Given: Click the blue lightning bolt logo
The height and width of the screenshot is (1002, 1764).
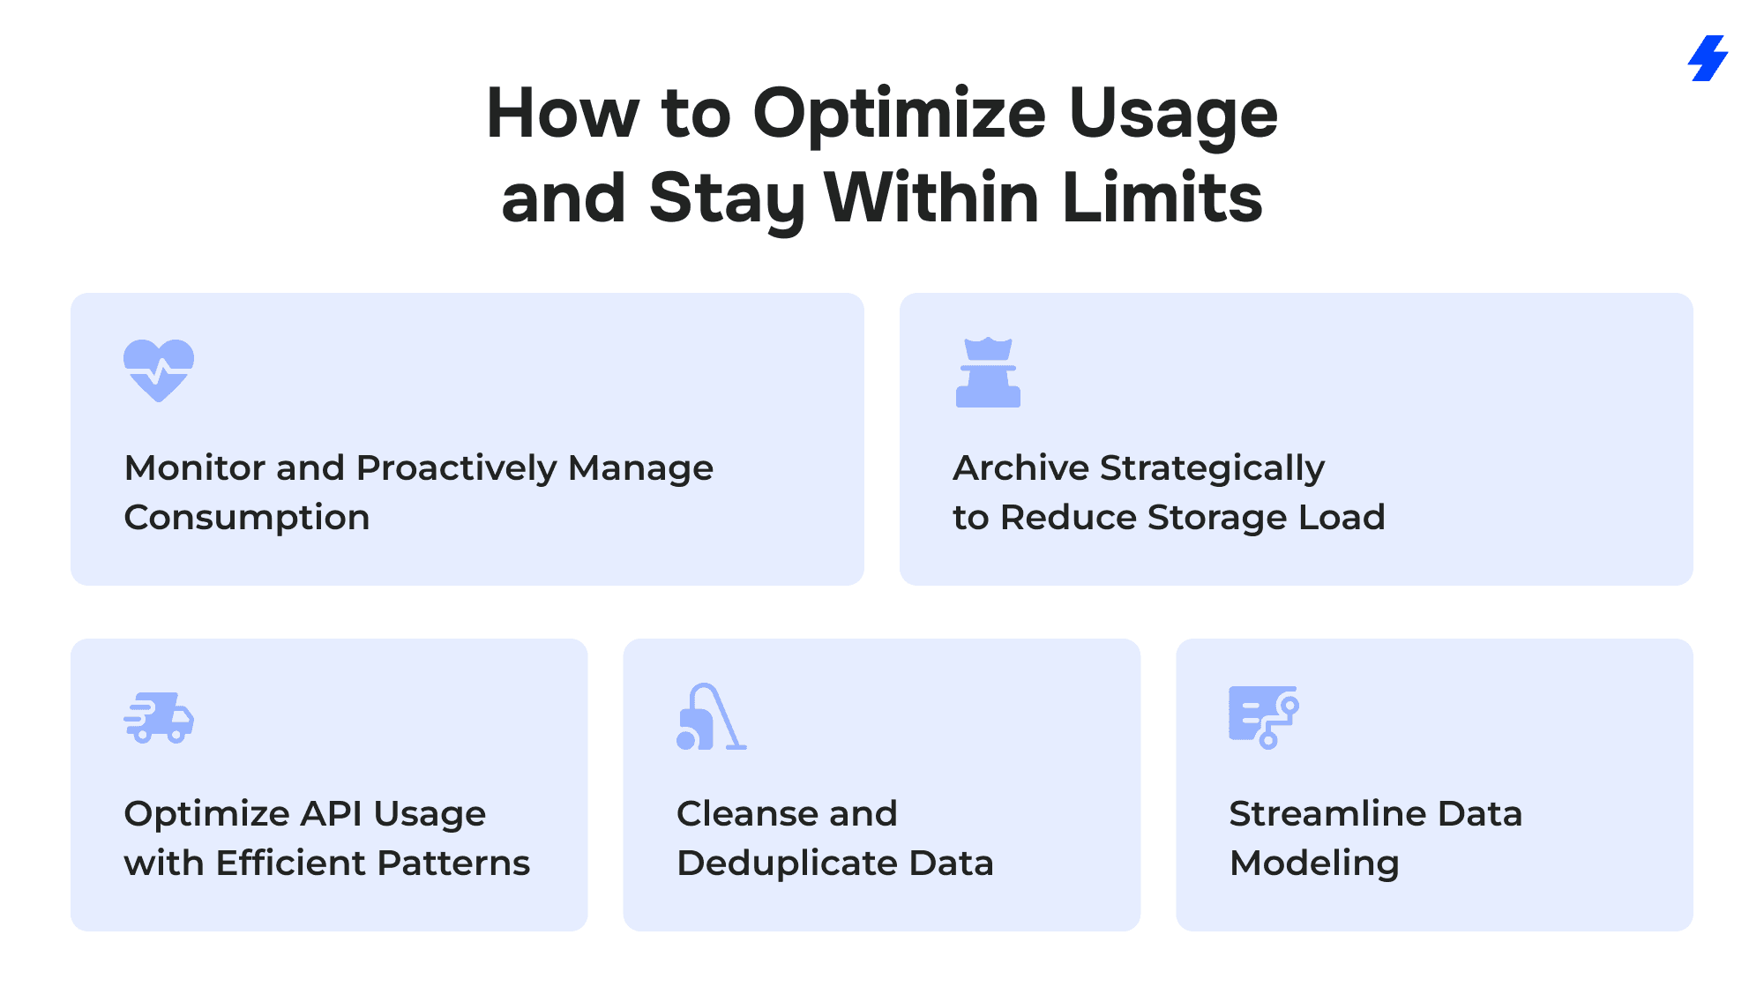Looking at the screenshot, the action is [x=1708, y=58].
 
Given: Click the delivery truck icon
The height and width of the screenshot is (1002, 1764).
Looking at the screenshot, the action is [x=159, y=717].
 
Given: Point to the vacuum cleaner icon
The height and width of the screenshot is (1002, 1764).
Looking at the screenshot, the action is [x=711, y=716].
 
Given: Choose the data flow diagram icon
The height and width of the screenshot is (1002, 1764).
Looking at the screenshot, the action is [x=1264, y=717].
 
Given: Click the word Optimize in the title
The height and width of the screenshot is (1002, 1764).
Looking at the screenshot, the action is [x=899, y=116].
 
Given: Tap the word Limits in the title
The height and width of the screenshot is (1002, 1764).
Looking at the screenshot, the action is [x=1162, y=198].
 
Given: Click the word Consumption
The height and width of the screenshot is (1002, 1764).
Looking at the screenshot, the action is [x=247, y=518].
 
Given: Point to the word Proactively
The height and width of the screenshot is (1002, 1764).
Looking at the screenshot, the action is [x=456, y=468].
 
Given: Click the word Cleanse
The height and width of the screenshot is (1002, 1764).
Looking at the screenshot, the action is [x=740, y=813].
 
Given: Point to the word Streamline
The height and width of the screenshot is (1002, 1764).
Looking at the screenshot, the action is [x=1327, y=813].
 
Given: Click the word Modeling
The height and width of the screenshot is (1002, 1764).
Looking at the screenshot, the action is [x=1314, y=864].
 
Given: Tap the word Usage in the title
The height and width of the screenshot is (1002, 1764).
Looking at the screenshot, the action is [x=1173, y=116].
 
